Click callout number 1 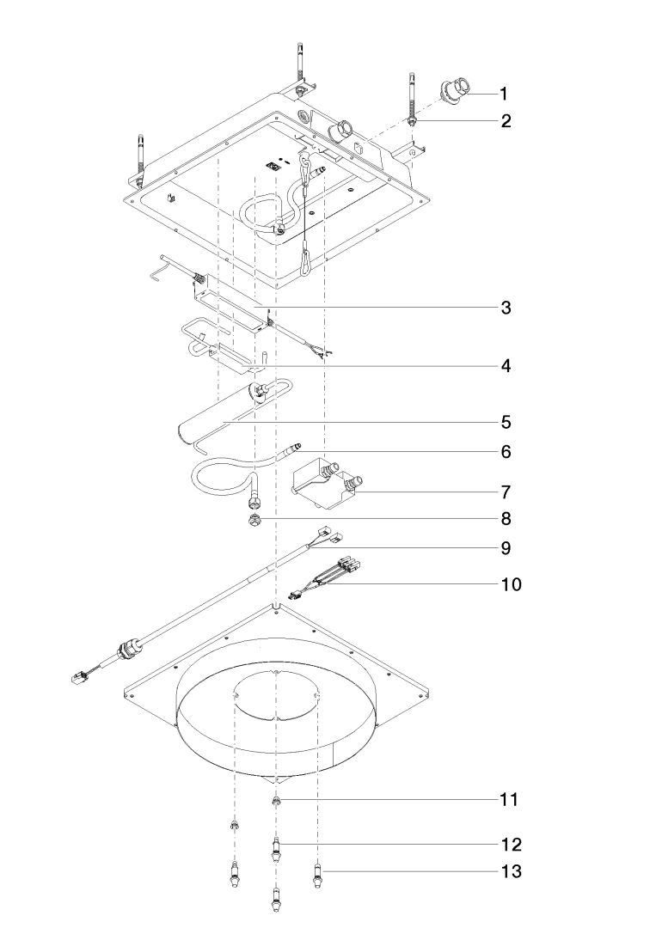[505, 92]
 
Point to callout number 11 [509, 799]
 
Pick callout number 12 [509, 843]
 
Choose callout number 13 [509, 872]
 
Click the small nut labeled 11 [276, 802]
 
